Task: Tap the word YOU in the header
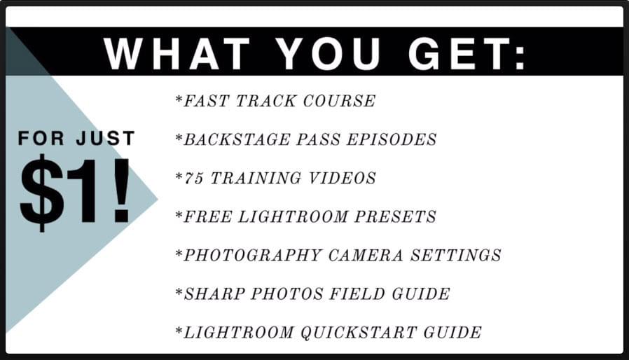[x=328, y=53]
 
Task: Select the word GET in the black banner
[x=459, y=53]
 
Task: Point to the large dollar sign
[x=42, y=192]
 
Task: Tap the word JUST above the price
[x=106, y=139]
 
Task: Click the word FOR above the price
[x=41, y=139]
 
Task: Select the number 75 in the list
[x=194, y=178]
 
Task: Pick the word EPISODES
[x=392, y=139]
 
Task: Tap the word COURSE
[x=339, y=101]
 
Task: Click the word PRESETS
[x=395, y=216]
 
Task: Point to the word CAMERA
[x=366, y=255]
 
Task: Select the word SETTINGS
[x=456, y=255]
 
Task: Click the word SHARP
[x=214, y=293]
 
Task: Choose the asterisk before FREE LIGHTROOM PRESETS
[x=179, y=214]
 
